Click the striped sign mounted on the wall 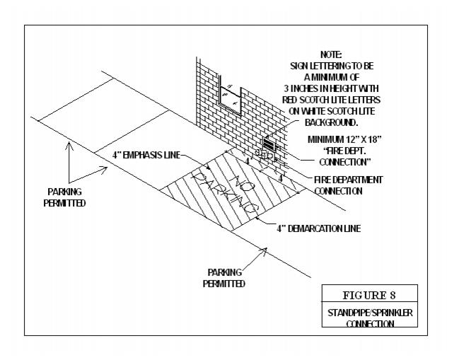click(272, 146)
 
